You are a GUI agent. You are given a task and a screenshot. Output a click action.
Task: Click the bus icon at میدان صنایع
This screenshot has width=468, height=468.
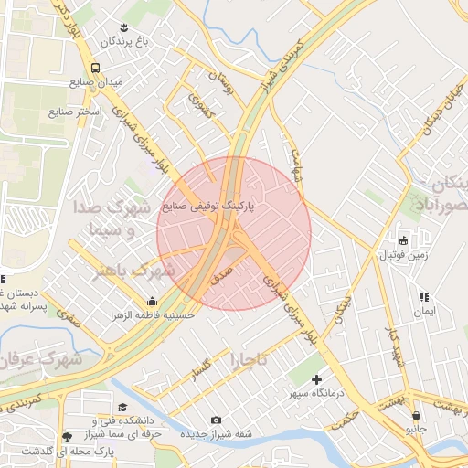click(96, 68)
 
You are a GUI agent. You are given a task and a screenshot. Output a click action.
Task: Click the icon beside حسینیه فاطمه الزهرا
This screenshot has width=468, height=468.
click(152, 302)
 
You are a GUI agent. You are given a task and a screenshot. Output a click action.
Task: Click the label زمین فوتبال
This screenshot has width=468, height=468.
click(404, 253)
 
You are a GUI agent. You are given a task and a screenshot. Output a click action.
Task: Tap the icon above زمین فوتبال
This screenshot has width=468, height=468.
click(404, 239)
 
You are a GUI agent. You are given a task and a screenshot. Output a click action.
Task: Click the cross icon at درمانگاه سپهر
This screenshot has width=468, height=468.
click(317, 379)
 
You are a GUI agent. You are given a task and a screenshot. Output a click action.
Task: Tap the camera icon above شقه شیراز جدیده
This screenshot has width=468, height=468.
click(216, 420)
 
